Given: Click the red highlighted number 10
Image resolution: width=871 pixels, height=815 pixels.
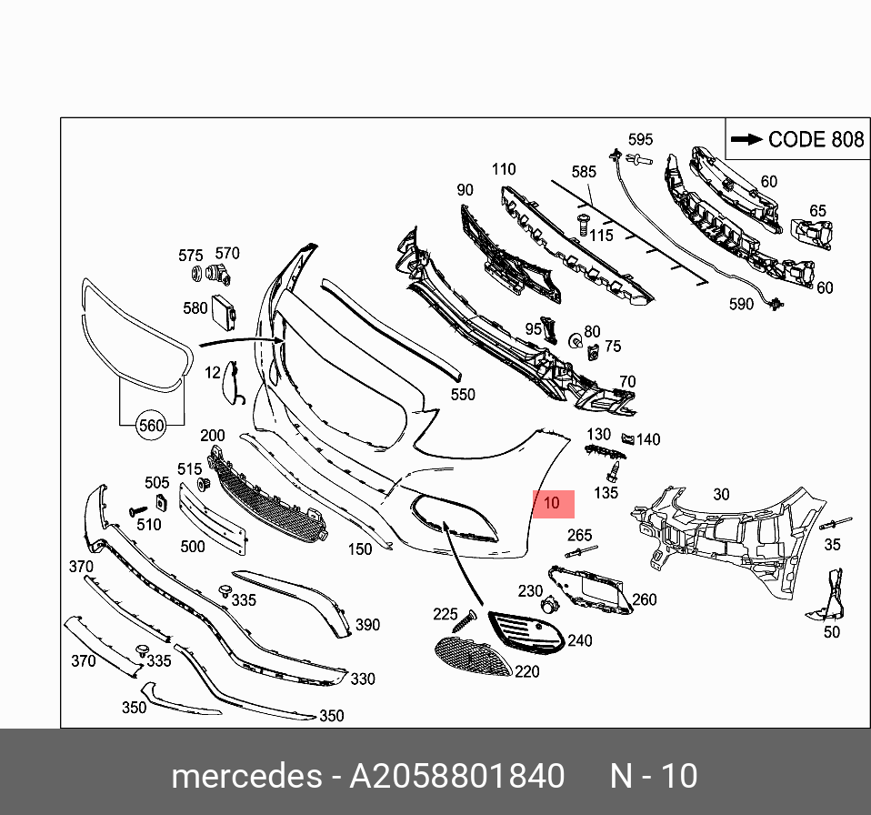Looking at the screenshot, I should (552, 503).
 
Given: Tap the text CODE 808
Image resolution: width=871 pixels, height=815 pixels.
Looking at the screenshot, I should (815, 139).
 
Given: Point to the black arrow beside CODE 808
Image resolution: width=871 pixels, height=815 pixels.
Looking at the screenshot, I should (746, 139).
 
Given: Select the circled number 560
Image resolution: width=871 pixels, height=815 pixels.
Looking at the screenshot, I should (152, 425).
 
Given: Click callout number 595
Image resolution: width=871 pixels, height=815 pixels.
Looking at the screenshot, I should (640, 139).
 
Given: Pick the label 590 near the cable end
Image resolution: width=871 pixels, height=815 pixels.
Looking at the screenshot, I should (741, 305).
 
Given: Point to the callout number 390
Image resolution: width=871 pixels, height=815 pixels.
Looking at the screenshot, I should (367, 625).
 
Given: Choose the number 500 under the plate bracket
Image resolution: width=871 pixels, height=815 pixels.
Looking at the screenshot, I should (193, 547).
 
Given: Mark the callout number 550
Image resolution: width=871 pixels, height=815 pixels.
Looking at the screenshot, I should (463, 395).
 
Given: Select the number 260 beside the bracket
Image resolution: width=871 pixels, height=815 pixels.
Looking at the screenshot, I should (644, 599).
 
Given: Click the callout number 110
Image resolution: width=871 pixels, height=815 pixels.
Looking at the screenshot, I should (503, 168).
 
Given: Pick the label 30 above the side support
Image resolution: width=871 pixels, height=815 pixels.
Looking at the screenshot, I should (720, 494).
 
